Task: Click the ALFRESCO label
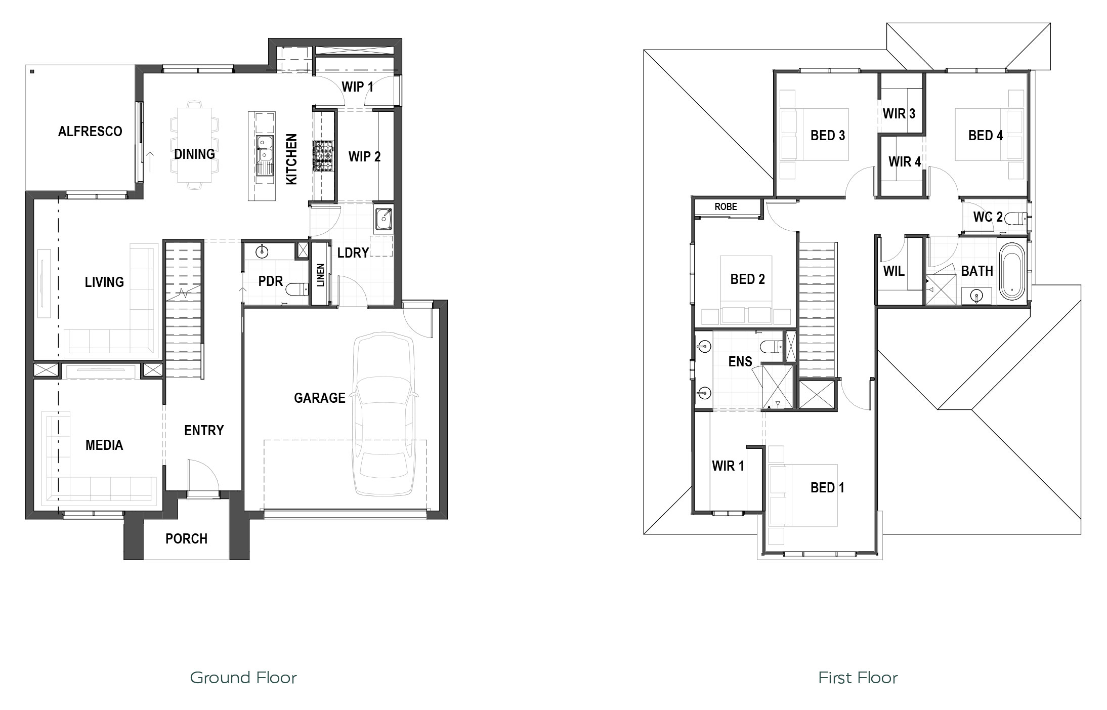coord(90,132)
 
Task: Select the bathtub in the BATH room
coord(1012,271)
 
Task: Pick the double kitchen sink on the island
coord(264,150)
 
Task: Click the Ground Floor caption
coord(243,678)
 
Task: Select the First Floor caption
coord(858,678)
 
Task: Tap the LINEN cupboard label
coord(320,275)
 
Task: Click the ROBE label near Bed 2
coord(726,206)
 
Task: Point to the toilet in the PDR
coord(297,289)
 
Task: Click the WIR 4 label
coord(905,162)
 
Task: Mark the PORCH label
coord(187,539)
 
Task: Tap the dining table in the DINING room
coord(194,145)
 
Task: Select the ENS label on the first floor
coord(740,361)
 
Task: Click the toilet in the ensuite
coord(771,347)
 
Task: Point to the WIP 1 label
coord(358,87)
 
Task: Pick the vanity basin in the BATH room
coord(975,295)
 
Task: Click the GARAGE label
coord(320,398)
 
